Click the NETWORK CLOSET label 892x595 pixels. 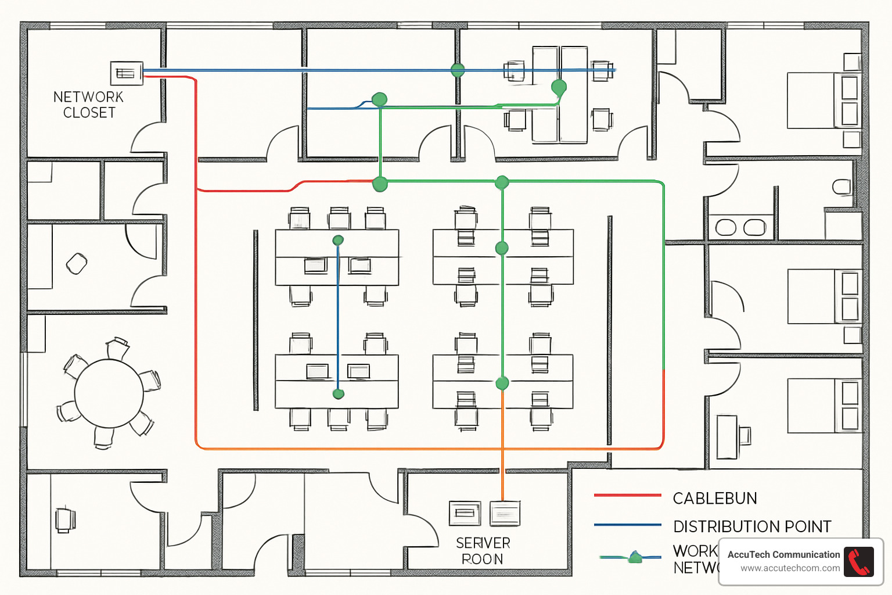click(x=88, y=105)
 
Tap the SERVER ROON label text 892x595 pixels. click(x=483, y=551)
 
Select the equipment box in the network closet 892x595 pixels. click(x=126, y=73)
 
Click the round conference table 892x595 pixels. click(x=109, y=393)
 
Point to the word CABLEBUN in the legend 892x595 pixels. click(x=714, y=499)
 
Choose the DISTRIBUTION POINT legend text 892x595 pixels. click(x=752, y=526)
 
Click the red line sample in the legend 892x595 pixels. click(x=627, y=495)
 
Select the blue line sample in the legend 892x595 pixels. click(x=627, y=525)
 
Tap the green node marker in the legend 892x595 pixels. click(x=635, y=558)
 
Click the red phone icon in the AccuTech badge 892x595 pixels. click(x=859, y=562)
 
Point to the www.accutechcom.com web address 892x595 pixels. click(x=790, y=568)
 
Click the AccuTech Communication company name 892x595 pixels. click(x=783, y=554)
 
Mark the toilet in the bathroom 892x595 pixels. click(x=841, y=187)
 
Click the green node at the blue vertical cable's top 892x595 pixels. click(x=338, y=240)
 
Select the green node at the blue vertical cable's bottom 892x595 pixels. click(x=339, y=394)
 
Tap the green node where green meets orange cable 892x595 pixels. click(x=502, y=383)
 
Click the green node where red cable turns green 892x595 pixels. click(x=380, y=184)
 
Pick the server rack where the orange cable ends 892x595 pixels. click(x=505, y=513)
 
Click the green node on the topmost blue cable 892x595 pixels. click(x=458, y=70)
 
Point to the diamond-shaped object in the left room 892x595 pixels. click(x=77, y=264)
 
